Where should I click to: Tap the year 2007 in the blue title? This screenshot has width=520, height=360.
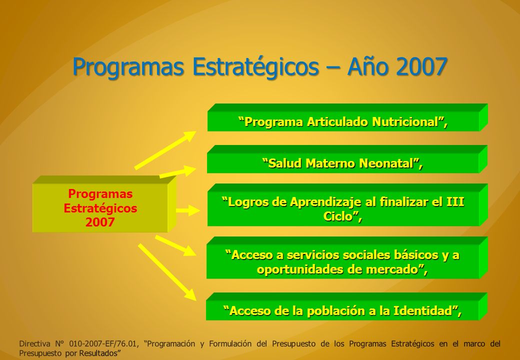tap(421, 66)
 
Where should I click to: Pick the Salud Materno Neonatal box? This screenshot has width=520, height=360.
tap(347, 159)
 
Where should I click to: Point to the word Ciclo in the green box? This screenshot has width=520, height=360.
tap(337, 216)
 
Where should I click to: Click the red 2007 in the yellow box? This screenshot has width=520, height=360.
tap(100, 222)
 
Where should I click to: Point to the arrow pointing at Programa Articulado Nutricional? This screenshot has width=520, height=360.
tap(165, 150)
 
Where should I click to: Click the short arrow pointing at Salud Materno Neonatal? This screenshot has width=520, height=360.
tap(178, 171)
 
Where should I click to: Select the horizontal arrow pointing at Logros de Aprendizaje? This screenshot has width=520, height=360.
tap(188, 210)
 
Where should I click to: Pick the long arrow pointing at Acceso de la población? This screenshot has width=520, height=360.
tap(167, 272)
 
